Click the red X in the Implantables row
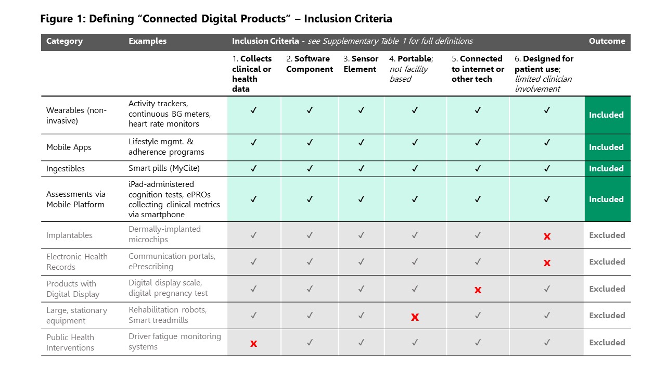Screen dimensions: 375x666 tap(547, 236)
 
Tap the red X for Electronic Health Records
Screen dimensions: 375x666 tap(547, 263)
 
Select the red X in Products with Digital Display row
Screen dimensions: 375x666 tap(478, 290)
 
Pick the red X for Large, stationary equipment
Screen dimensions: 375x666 tap(415, 317)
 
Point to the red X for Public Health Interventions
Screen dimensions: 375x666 tap(253, 344)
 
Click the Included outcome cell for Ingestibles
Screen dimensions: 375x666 tap(606, 169)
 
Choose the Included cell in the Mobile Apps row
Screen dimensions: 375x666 tap(606, 147)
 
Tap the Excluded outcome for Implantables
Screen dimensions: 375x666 tap(607, 235)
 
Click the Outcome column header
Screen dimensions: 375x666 tap(607, 41)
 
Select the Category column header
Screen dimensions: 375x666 tap(65, 41)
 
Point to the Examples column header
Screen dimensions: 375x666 tap(148, 41)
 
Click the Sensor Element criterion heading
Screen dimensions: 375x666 tap(361, 64)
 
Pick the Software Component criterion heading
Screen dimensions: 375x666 tap(310, 64)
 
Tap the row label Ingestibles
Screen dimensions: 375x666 tap(66, 169)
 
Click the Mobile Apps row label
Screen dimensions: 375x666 tap(69, 147)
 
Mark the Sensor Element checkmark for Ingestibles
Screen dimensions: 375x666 tap(361, 169)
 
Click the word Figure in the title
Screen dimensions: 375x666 tap(56, 19)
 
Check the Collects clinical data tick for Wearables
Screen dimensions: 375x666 tap(253, 110)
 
